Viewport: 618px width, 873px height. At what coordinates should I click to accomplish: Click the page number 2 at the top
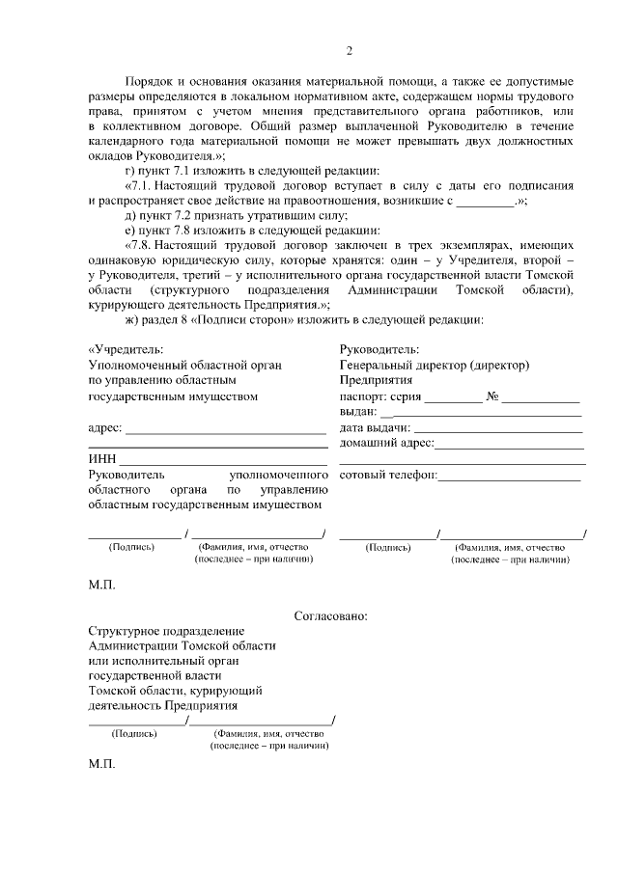350,51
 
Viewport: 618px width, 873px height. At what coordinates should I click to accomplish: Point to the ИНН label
101,459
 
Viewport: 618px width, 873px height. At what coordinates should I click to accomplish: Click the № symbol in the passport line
492,396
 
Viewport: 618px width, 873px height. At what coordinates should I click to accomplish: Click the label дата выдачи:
375,428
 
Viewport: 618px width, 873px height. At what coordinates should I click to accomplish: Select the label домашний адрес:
386,444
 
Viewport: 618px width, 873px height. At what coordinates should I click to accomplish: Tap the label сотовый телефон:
388,475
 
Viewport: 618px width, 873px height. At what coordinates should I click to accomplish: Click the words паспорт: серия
380,396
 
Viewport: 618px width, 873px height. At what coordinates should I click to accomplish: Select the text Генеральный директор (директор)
435,365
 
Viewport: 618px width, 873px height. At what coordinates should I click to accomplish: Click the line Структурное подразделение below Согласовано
160,630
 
